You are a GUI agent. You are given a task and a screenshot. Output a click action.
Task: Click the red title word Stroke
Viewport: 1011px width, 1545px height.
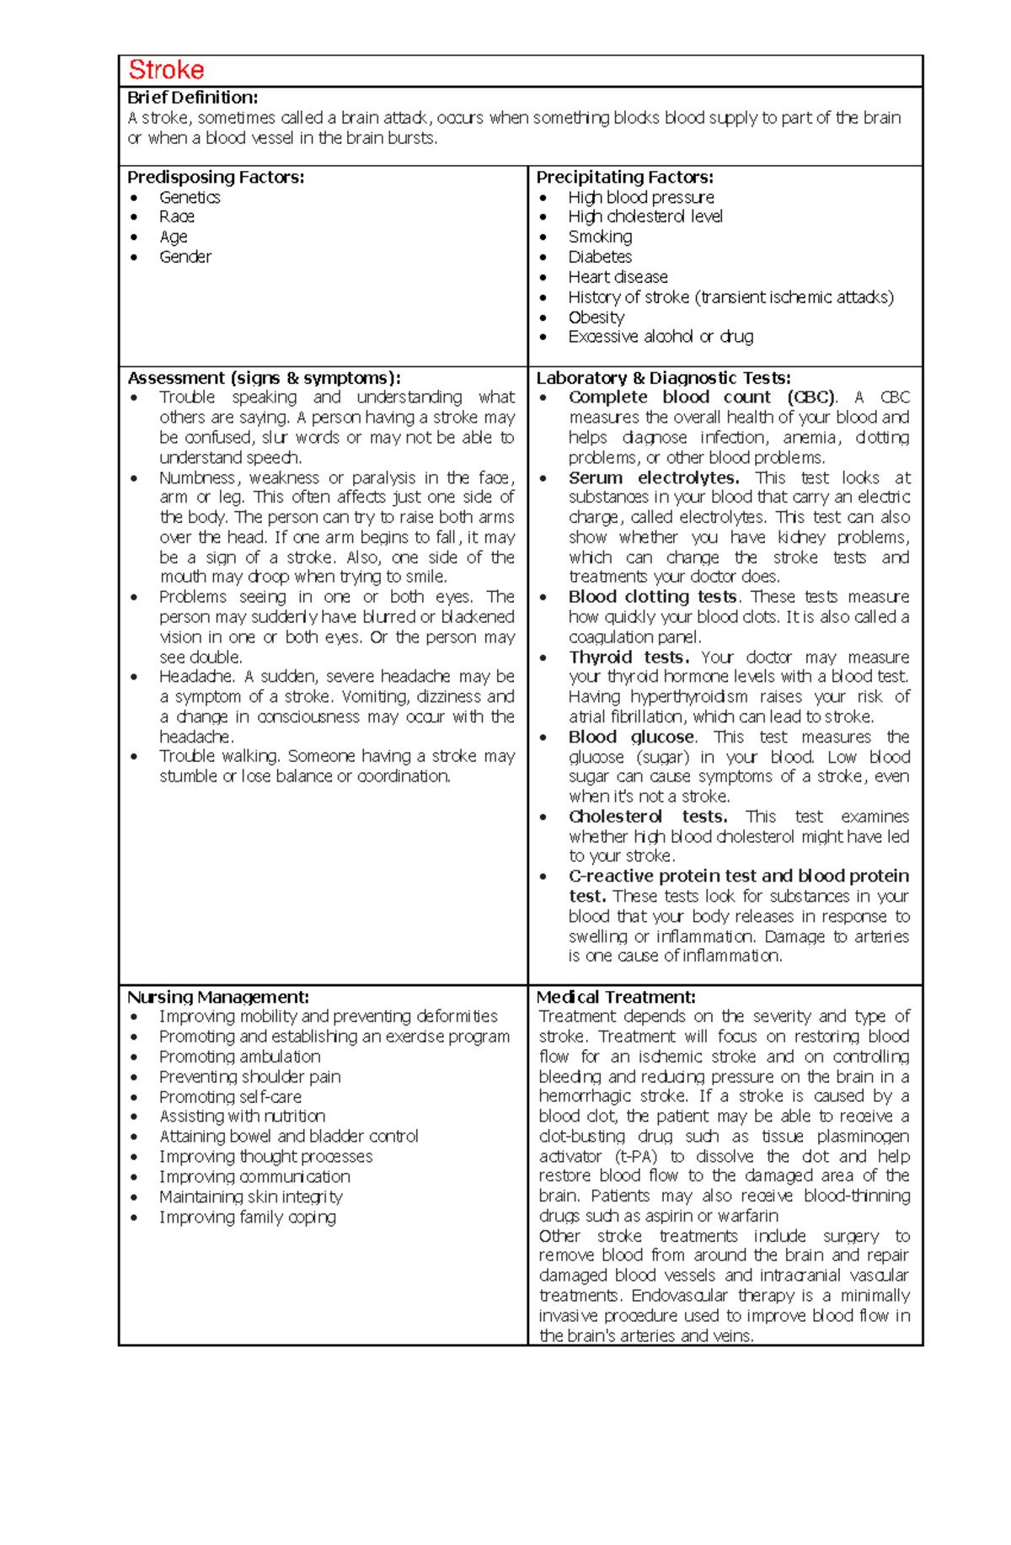166,70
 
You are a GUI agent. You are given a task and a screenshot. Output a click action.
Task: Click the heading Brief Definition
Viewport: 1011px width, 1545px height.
192,98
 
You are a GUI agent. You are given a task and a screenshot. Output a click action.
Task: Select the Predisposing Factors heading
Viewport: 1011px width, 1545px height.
216,177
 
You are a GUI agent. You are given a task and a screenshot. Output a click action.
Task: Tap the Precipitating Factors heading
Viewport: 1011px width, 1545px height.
624,177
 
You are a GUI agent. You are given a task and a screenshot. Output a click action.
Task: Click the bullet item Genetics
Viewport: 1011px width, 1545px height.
190,197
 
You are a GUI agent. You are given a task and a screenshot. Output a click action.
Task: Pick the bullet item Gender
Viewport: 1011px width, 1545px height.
185,257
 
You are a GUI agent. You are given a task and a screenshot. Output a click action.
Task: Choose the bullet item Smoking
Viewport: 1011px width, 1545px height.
600,237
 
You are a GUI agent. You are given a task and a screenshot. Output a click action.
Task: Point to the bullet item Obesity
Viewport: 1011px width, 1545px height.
596,317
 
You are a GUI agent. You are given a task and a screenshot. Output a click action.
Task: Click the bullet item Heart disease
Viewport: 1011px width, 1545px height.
618,277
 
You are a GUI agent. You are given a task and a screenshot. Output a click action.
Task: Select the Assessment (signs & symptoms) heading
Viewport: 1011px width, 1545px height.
264,378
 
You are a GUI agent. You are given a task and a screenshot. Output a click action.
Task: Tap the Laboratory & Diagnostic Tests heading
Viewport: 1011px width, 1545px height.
663,378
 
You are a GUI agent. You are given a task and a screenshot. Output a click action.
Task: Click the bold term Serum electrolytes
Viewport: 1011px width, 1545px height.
654,477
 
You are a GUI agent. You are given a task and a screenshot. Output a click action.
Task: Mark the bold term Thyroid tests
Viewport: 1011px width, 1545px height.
629,657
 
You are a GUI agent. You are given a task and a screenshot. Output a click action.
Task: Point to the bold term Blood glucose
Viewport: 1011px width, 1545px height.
631,737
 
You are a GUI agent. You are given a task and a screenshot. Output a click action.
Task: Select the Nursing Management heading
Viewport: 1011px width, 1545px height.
218,997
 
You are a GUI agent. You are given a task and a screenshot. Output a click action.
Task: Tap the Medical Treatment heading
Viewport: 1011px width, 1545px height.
616,997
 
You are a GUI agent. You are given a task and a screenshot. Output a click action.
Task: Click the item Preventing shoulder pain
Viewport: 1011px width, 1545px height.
250,1077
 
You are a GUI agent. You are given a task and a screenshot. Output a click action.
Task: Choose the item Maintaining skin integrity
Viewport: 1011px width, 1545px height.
251,1196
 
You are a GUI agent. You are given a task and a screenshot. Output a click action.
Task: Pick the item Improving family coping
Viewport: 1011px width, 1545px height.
248,1217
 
